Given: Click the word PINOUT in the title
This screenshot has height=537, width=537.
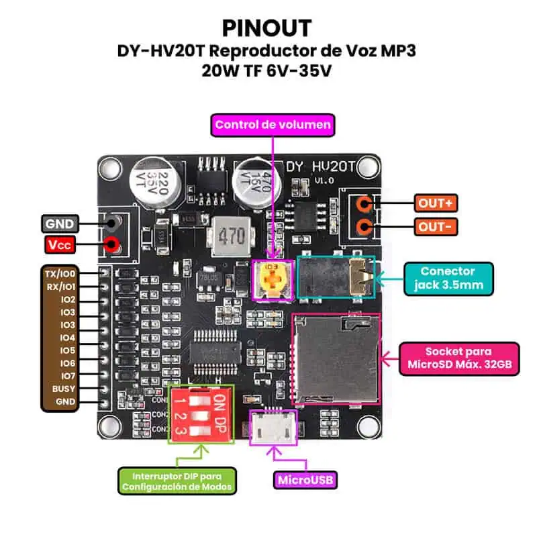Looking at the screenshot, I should pyautogui.click(x=267, y=28).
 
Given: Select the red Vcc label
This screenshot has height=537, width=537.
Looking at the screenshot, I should pyautogui.click(x=60, y=246).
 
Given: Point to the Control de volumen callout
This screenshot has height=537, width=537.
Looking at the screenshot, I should pyautogui.click(x=273, y=124).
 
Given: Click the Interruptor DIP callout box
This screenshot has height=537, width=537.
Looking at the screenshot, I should pyautogui.click(x=177, y=481).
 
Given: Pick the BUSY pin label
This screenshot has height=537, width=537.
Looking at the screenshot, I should pyautogui.click(x=65, y=389).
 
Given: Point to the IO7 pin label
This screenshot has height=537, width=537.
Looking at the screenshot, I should pyautogui.click(x=67, y=376).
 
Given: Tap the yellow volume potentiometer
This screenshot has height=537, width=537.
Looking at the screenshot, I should pyautogui.click(x=272, y=279).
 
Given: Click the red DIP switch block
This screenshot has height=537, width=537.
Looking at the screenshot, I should pyautogui.click(x=200, y=413).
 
